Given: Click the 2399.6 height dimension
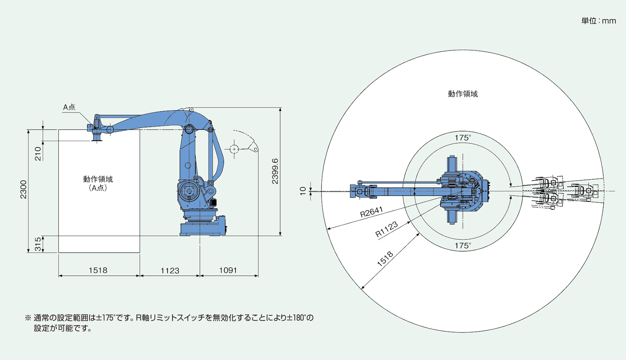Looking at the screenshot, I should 275,171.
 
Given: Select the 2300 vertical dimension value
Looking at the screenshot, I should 24,189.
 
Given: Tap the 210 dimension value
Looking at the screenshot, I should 38,153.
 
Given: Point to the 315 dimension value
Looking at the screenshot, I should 38,244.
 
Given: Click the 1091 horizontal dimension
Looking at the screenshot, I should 228,270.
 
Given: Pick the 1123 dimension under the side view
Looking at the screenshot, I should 170,270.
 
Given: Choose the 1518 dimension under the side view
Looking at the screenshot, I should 98,270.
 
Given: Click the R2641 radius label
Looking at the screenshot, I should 371,212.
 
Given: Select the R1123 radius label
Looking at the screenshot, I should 387,229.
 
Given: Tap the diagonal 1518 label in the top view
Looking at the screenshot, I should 385,259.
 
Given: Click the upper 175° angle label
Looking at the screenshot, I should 462,138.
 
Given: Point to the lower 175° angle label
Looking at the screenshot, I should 462,246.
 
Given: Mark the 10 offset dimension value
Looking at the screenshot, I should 303,191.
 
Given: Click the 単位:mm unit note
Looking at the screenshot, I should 598,21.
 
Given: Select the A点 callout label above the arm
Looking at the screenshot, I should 69,107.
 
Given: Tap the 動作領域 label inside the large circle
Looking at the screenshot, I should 463,94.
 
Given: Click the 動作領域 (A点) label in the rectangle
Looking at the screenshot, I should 98,183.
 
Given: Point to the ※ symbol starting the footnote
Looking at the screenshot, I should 28,318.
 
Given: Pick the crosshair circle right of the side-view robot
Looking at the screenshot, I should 234,149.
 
